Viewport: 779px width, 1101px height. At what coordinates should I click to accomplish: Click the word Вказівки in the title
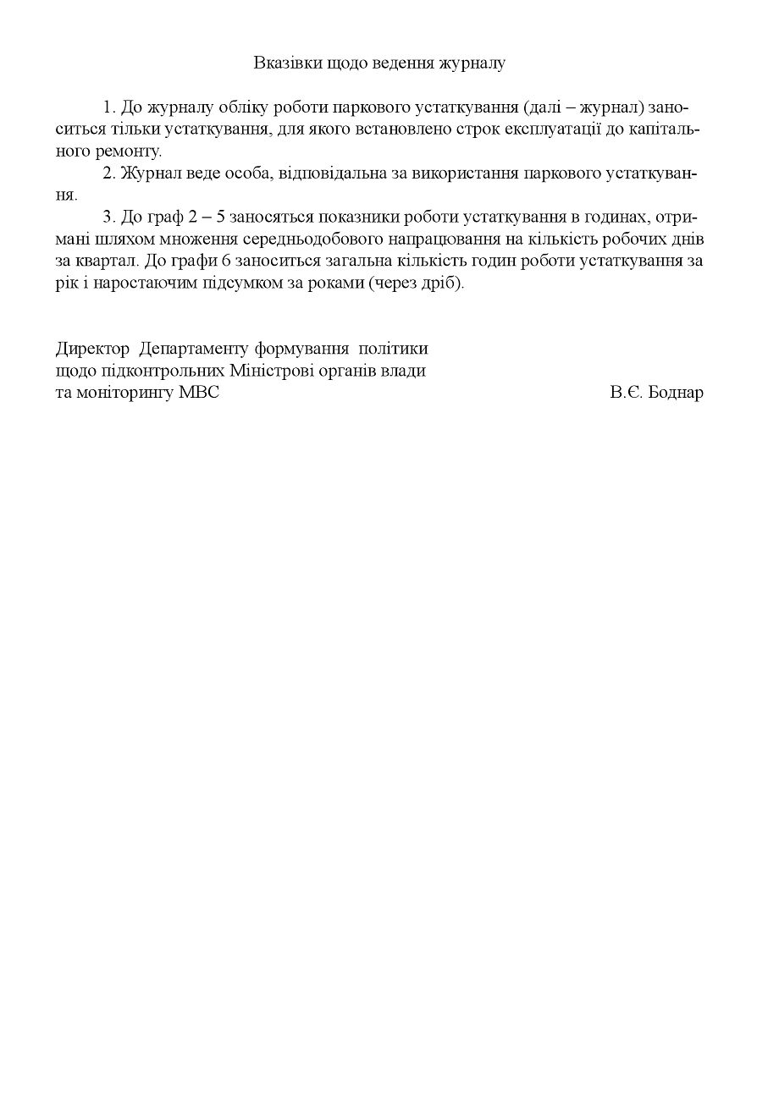(x=282, y=63)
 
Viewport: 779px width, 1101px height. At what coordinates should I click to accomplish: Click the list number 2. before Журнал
(x=109, y=174)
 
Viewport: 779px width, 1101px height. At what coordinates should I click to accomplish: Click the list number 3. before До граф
(x=109, y=218)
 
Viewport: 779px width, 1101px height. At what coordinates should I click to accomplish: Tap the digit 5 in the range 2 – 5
(x=221, y=218)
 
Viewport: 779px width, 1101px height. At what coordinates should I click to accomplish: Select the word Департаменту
(x=194, y=349)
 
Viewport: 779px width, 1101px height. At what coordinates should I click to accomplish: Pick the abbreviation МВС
(x=199, y=393)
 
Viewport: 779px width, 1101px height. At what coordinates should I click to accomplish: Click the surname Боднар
(x=675, y=393)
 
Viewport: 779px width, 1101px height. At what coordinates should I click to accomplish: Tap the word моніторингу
(x=124, y=393)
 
